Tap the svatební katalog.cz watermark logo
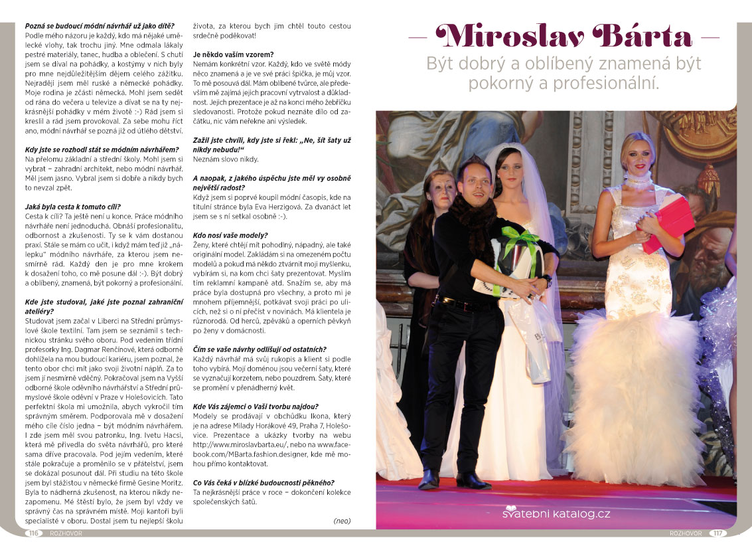pos(556,513)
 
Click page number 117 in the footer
pos(718,533)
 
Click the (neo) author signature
pos(341,521)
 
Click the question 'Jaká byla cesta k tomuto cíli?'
pos(73,207)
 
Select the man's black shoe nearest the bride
pos(473,480)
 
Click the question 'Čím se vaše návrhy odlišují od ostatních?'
pos(259,349)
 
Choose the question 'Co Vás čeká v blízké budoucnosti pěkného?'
pos(263,482)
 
